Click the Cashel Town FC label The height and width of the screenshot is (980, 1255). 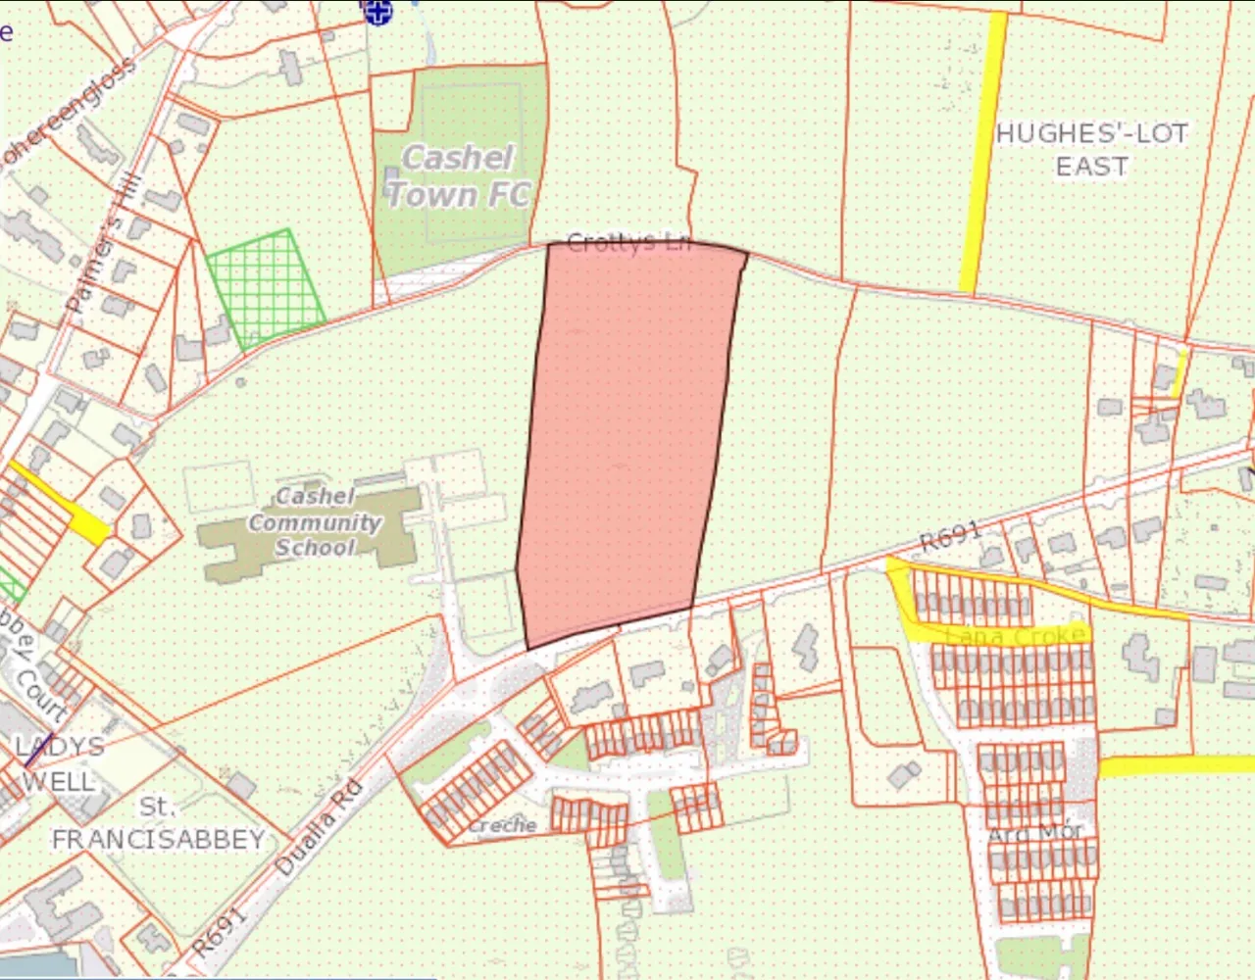tap(459, 176)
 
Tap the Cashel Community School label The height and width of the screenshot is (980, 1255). tap(314, 522)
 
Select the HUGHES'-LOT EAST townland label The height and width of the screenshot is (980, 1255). tap(1091, 149)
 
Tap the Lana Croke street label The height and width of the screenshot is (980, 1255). tap(1015, 635)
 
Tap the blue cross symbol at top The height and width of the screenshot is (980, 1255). tap(377, 12)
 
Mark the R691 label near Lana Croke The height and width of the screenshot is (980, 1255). tap(950, 536)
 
